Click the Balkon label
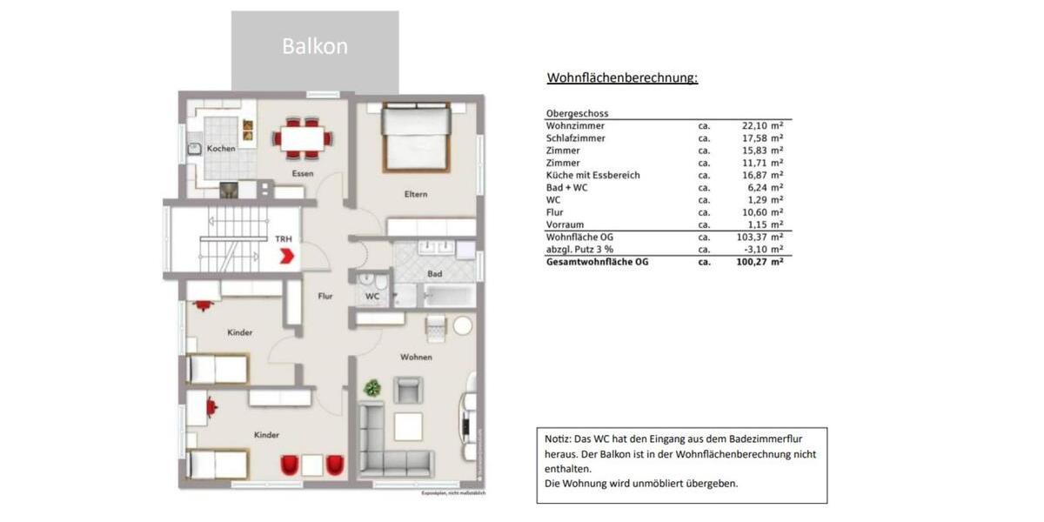point(314,47)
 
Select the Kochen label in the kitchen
point(221,149)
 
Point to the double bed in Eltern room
point(416,137)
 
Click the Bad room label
point(434,274)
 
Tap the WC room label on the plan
point(372,297)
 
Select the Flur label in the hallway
point(325,297)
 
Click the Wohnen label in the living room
point(416,358)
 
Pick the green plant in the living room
point(372,388)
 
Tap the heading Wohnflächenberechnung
point(622,77)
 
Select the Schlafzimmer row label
point(575,138)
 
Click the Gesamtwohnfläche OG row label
point(597,261)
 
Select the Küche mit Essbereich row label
point(592,175)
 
